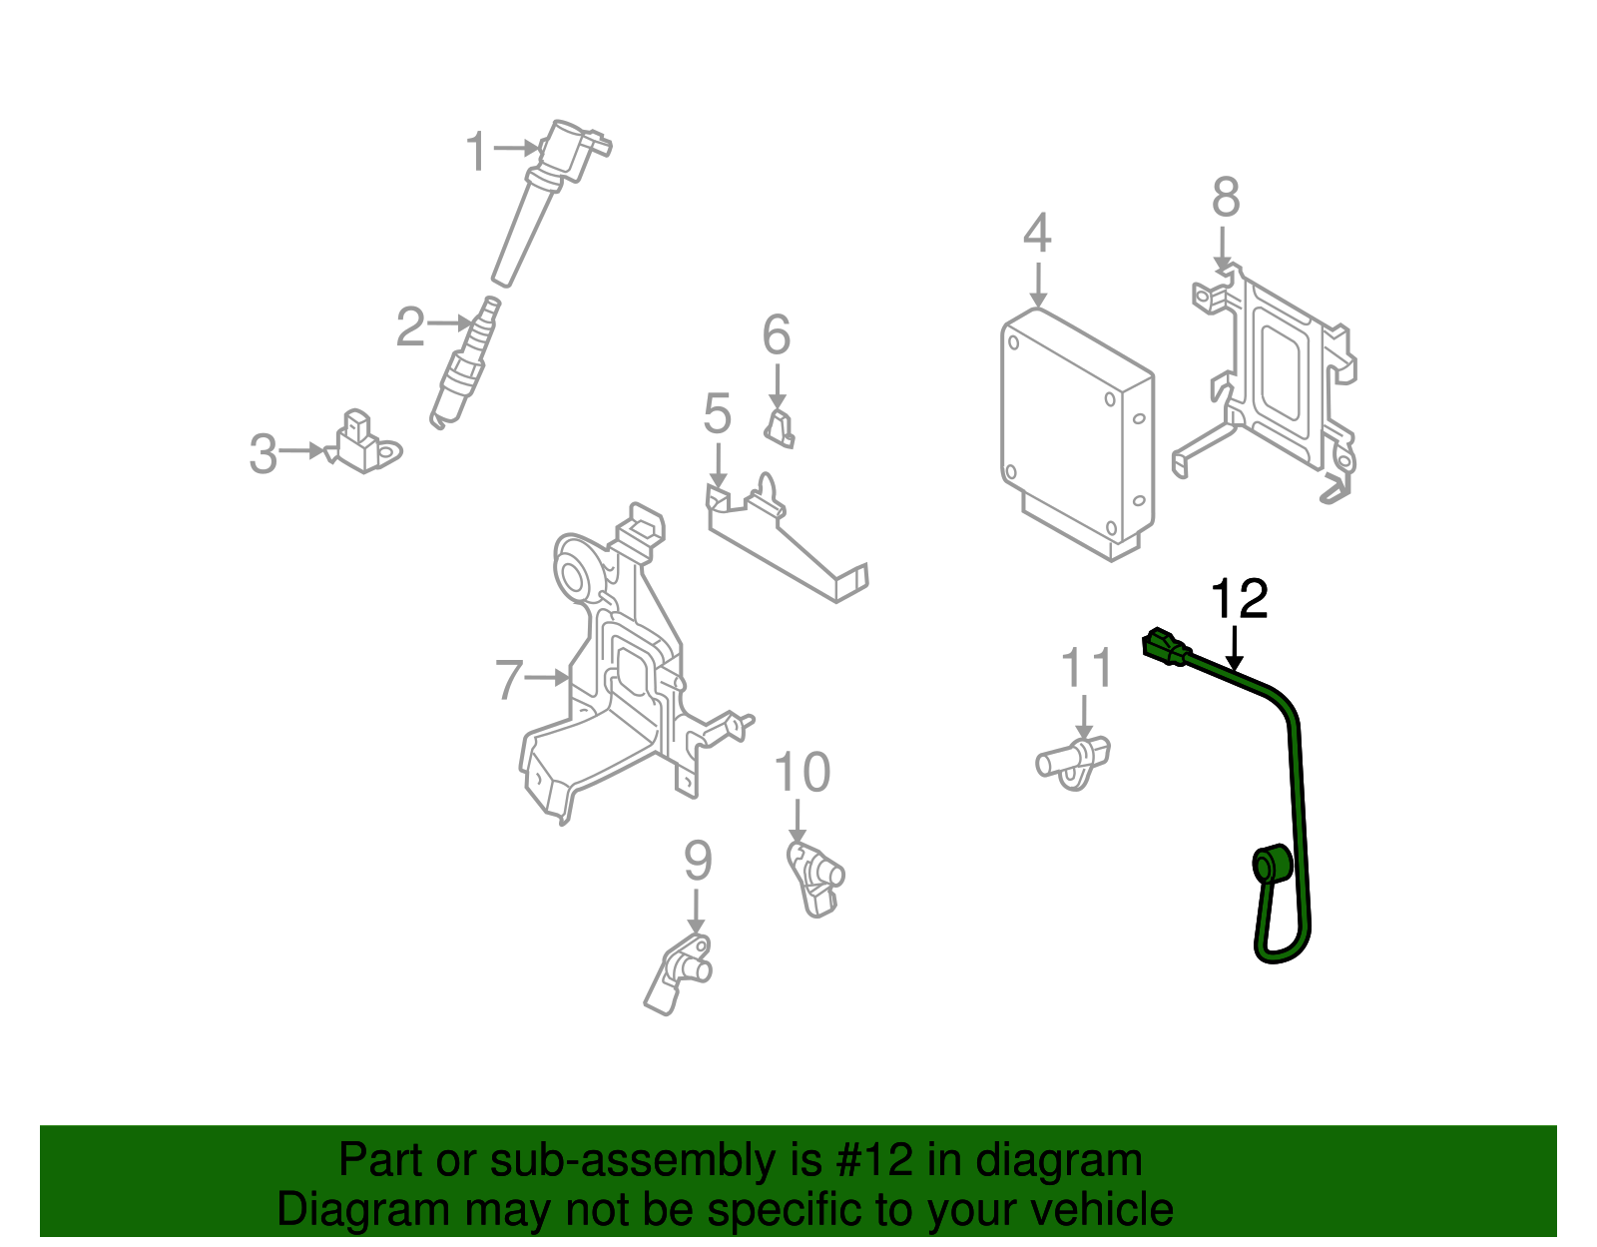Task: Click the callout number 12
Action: (1239, 599)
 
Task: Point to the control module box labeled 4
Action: (1076, 434)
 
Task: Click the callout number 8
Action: (1226, 198)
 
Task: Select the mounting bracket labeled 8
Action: (1273, 384)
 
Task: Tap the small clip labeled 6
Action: (781, 426)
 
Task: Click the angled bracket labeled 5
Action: (789, 544)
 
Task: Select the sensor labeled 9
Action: (681, 970)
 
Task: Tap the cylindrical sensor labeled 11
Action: (1073, 761)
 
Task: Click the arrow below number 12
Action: (1236, 649)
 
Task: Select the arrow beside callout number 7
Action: (547, 678)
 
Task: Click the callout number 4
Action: (1037, 234)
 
